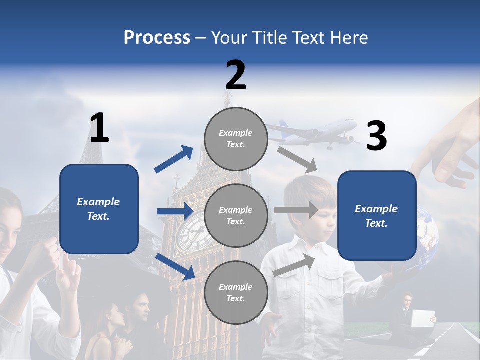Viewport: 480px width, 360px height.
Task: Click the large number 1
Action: pyautogui.click(x=99, y=128)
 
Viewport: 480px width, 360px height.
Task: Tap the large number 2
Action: pyautogui.click(x=236, y=75)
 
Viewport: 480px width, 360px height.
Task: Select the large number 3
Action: pyautogui.click(x=376, y=136)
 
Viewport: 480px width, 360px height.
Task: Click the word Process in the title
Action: pyautogui.click(x=157, y=38)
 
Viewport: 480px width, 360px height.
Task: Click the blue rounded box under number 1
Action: pyautogui.click(x=99, y=209)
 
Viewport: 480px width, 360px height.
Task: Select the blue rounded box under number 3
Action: pyautogui.click(x=377, y=216)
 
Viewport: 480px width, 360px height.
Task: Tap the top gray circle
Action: pyautogui.click(x=236, y=139)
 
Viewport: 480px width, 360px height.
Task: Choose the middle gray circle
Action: pyautogui.click(x=236, y=215)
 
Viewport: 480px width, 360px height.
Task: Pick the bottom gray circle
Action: pyautogui.click(x=236, y=292)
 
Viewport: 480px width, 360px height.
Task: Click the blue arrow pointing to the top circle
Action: pyautogui.click(x=174, y=159)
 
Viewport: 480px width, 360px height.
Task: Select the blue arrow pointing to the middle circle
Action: pyautogui.click(x=175, y=211)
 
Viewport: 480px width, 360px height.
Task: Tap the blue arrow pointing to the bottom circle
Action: pyautogui.click(x=175, y=266)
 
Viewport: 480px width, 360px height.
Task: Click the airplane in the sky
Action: pyautogui.click(x=315, y=132)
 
